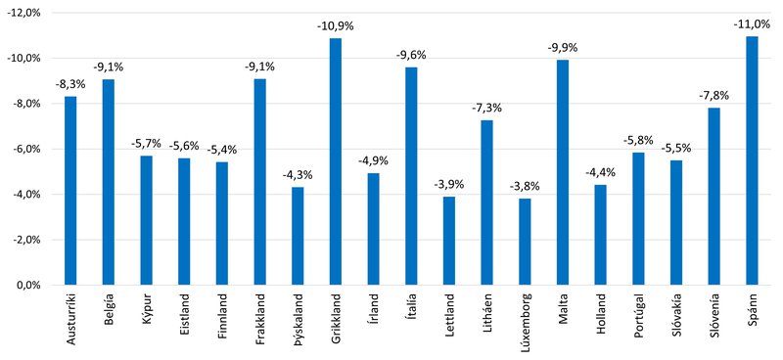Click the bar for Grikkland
point(336,161)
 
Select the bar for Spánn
point(752,160)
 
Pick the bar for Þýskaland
point(298,236)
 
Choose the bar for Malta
point(563,172)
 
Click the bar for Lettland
point(449,241)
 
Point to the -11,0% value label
point(752,24)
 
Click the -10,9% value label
point(336,25)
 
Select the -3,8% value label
point(525,187)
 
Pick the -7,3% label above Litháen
point(487,108)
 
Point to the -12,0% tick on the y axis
point(24,13)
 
